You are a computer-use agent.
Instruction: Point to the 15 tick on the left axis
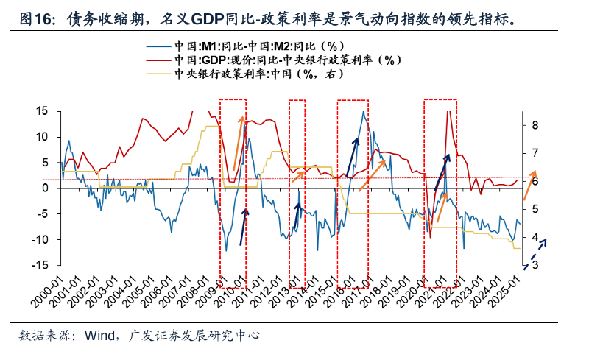pyautogui.click(x=42, y=111)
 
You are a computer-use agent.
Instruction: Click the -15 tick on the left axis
pyautogui.click(x=40, y=265)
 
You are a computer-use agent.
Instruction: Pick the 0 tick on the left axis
pyautogui.click(x=45, y=188)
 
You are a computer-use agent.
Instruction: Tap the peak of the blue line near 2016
pyautogui.click(x=363, y=112)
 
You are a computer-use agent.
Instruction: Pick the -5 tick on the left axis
pyautogui.click(x=42, y=213)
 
